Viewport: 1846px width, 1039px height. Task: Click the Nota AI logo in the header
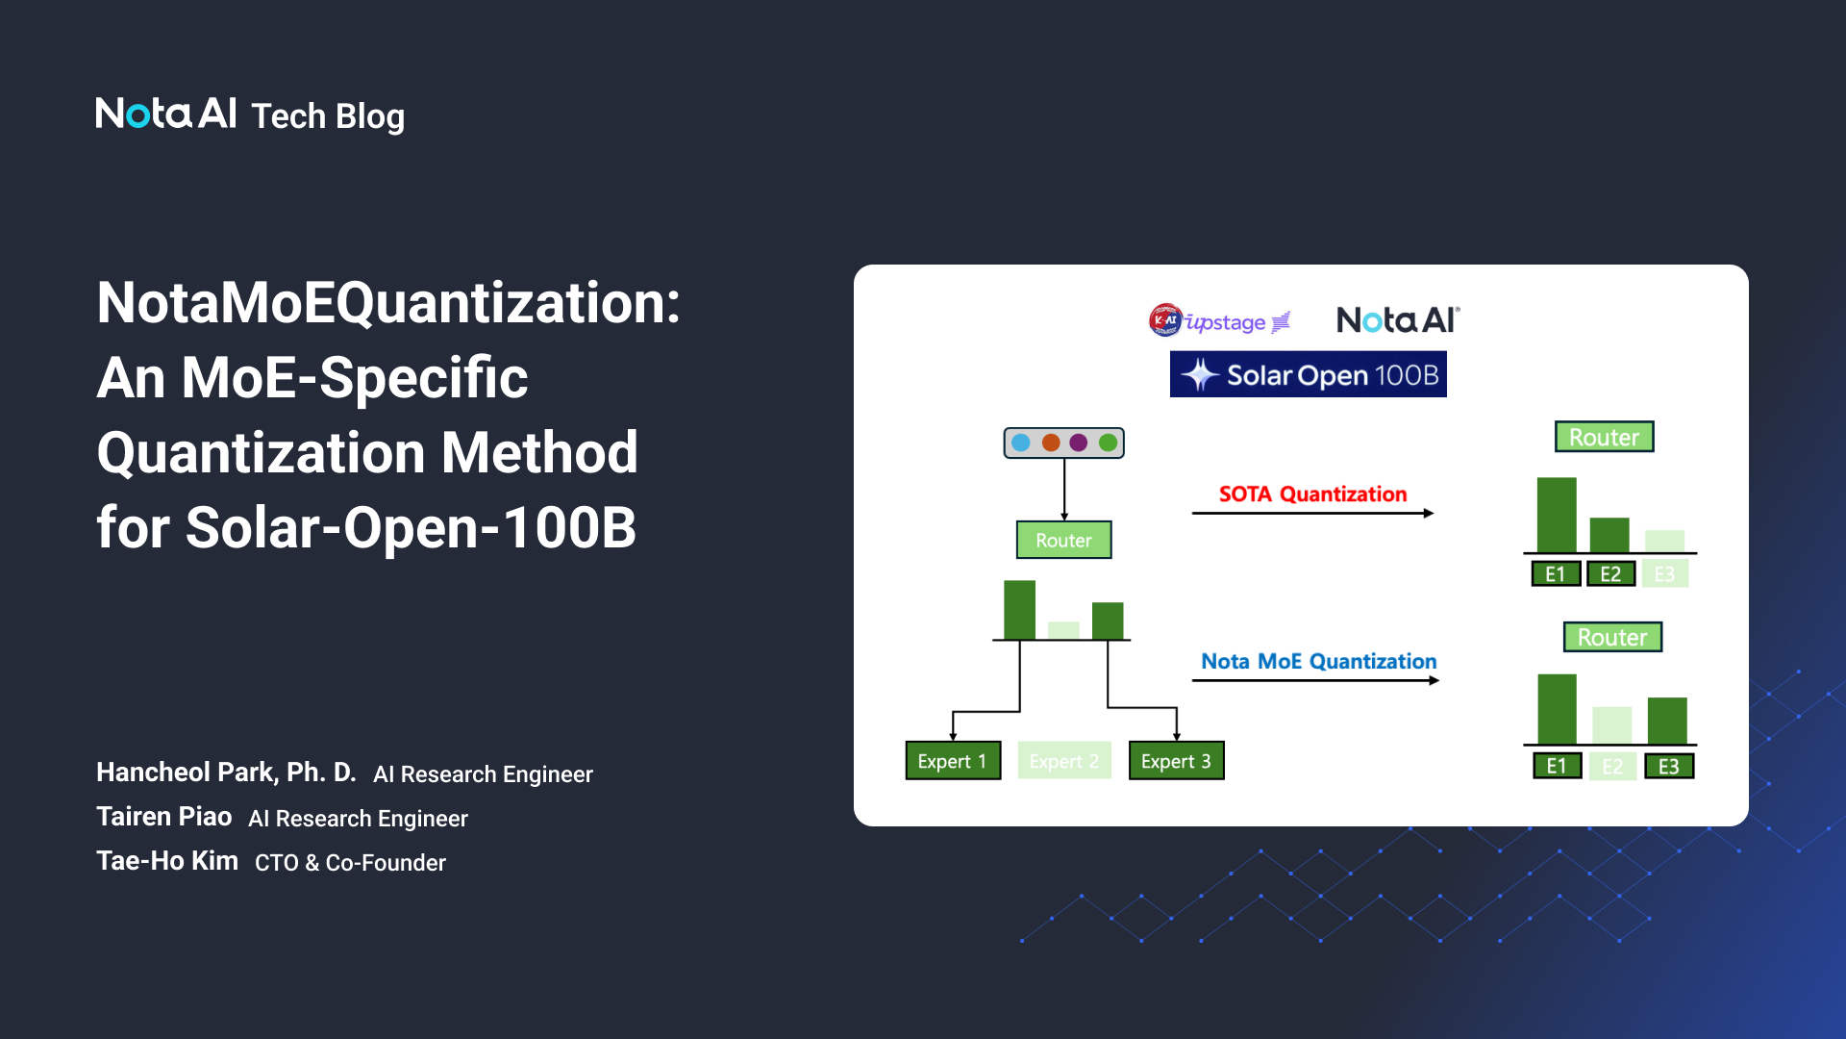pos(165,114)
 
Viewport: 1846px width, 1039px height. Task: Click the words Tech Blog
pos(327,116)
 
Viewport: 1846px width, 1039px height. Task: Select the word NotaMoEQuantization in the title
pos(387,303)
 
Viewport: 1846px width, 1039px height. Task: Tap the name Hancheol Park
pos(226,773)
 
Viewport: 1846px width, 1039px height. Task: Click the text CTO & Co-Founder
pos(350,863)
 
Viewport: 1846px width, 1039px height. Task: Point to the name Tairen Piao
pos(163,817)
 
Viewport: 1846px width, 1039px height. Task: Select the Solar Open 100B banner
pos(1308,374)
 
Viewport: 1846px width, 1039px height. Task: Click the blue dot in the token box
pos(1021,443)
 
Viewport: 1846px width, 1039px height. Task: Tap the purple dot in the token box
pos(1079,443)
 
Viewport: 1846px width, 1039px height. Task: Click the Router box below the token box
pos(1063,540)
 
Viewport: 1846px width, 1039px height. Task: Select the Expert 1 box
pos(952,761)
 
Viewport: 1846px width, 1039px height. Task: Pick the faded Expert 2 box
pos(1063,761)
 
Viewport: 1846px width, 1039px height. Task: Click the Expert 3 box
pos(1175,761)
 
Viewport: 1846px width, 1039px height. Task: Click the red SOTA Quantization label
pos(1312,494)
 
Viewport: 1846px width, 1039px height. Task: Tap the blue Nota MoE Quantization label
pos(1318,662)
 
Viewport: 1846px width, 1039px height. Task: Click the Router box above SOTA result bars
pos(1604,437)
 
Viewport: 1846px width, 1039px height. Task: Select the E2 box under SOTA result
pos(1610,574)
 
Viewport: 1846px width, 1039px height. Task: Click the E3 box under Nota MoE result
pos(1668,767)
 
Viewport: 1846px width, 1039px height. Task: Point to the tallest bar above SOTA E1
pos(1557,515)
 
